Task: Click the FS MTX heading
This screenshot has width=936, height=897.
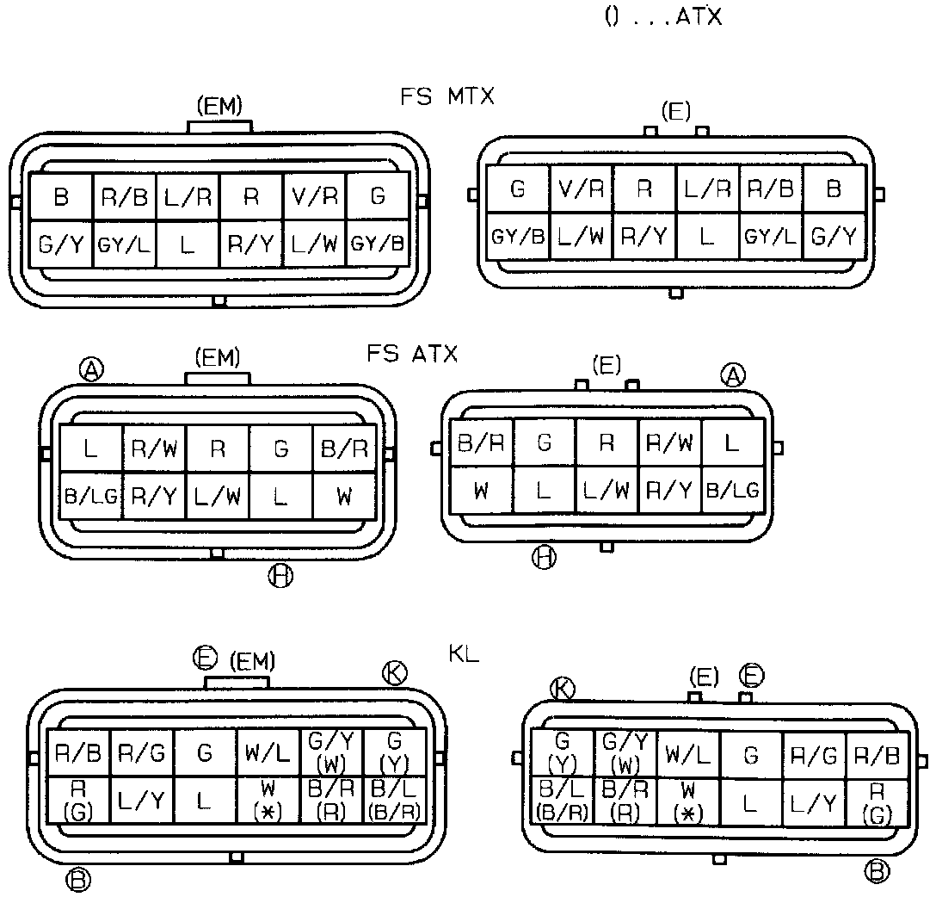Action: [447, 96]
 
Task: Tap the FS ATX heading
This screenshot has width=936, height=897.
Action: [412, 353]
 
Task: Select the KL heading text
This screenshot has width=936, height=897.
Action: [464, 653]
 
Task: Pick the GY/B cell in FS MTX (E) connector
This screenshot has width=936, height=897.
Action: [517, 236]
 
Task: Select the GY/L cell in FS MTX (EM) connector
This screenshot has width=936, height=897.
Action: [124, 244]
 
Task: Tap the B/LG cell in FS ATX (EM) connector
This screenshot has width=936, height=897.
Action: [91, 495]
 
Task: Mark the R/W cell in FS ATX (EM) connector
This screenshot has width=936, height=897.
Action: [154, 448]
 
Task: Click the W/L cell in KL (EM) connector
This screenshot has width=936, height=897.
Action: [268, 753]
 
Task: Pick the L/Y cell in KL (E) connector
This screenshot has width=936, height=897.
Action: [813, 802]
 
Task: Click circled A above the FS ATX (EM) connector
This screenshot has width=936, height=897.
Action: [91, 369]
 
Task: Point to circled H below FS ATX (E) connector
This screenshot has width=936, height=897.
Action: [543, 558]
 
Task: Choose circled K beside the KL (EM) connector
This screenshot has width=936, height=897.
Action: [395, 674]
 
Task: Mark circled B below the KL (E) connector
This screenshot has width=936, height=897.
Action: [877, 870]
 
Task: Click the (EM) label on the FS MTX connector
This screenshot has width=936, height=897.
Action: [219, 107]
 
